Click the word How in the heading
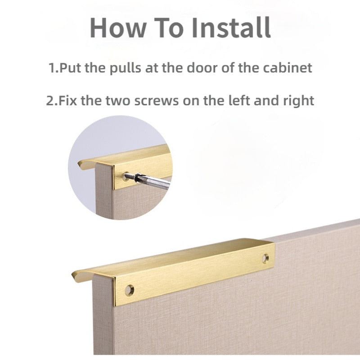coord(118,27)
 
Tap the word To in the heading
coord(169,27)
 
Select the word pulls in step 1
coord(126,68)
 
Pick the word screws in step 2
coord(156,101)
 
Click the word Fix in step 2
coord(68,100)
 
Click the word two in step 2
coord(118,101)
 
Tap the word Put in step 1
coord(70,68)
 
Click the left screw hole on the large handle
coord(130,290)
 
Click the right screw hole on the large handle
coord(265,258)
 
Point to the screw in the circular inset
coord(130,176)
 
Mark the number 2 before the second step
coord(50,101)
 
